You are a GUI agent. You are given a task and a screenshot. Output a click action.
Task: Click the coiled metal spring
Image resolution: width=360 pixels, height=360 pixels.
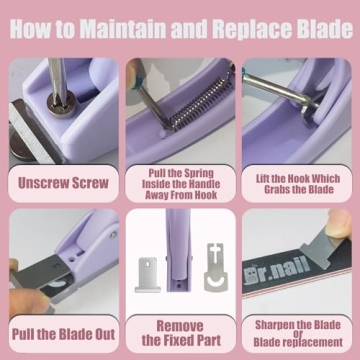click(x=185, y=101)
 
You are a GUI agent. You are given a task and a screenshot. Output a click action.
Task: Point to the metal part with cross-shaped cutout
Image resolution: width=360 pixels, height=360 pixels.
click(x=208, y=267)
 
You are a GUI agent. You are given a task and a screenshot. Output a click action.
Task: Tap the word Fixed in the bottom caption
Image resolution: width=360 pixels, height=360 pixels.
click(x=179, y=340)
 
